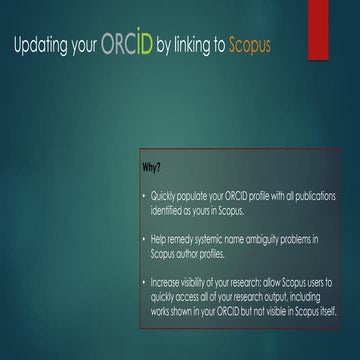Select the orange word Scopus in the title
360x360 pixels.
click(248, 47)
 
